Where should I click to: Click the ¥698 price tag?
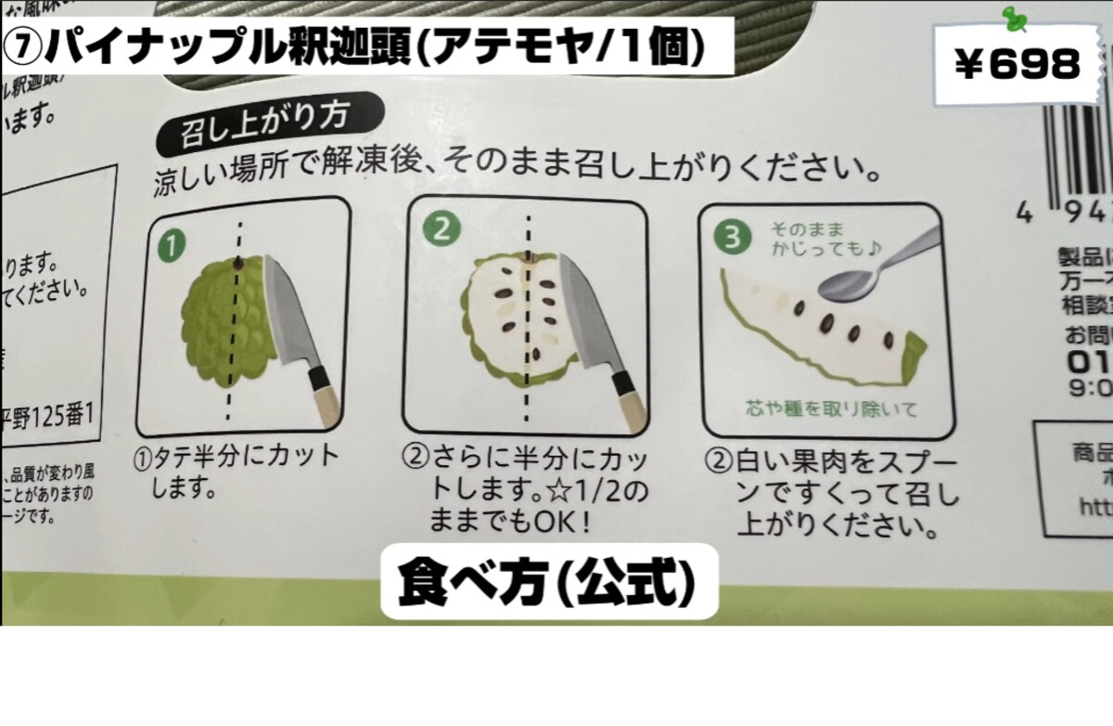1017,64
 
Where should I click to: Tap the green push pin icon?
1015,18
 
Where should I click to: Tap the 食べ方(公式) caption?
548,582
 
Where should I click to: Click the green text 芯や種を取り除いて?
818,408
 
